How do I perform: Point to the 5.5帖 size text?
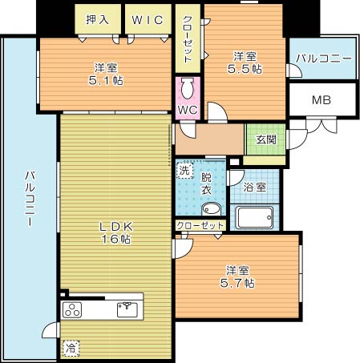[x=245, y=69]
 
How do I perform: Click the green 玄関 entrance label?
[x=265, y=139]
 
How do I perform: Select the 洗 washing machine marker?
[x=184, y=171]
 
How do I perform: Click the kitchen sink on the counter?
[x=127, y=307]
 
